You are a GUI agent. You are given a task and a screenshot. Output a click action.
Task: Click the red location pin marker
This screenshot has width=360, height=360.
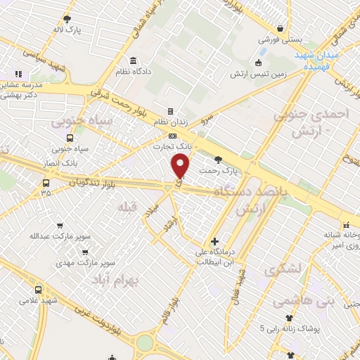[181, 165]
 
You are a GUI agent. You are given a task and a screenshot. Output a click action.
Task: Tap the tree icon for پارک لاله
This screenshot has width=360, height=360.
[67, 20]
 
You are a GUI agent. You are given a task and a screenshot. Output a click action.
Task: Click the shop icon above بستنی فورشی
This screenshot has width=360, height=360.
[281, 30]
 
